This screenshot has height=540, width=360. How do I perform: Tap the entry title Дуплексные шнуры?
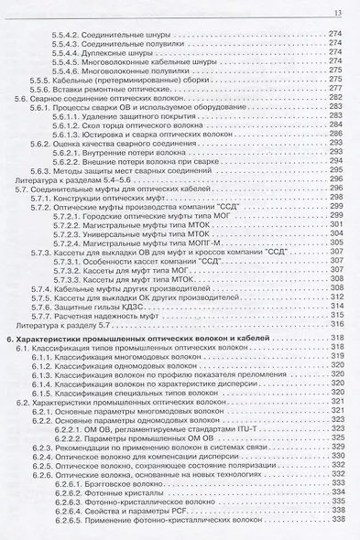tap(120, 53)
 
